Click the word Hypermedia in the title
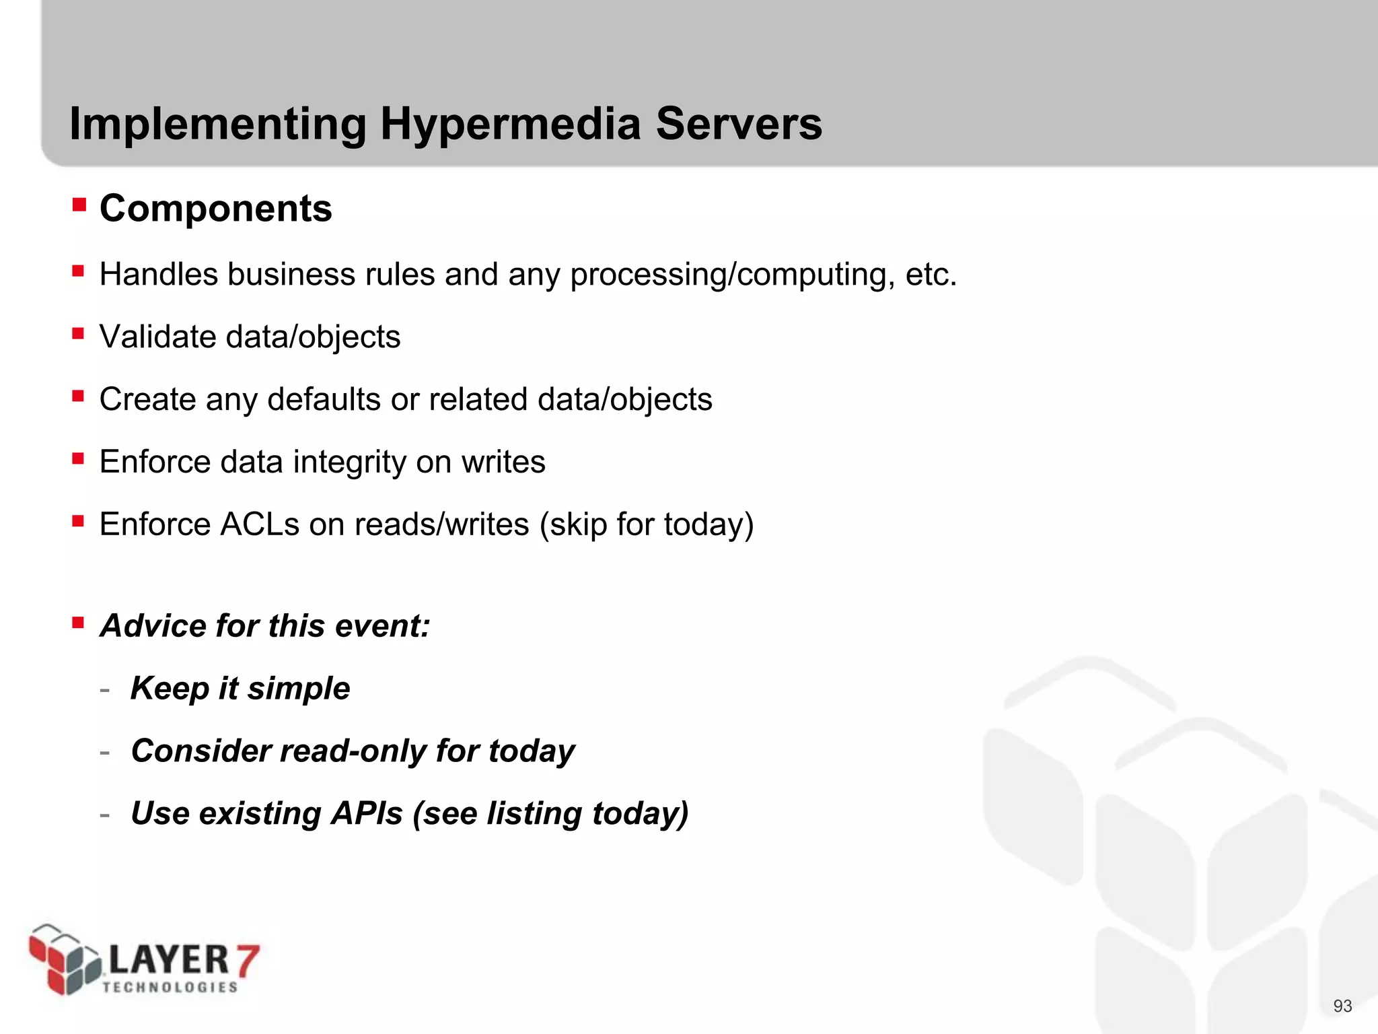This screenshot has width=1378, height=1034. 510,125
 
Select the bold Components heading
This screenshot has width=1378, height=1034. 215,208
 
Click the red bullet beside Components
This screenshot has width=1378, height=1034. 79,204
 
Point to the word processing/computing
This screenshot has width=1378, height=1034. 732,275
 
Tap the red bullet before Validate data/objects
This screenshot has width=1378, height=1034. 79,333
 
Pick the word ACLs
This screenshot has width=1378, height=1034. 259,524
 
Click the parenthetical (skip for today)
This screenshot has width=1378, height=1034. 646,525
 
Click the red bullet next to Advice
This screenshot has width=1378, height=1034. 79,622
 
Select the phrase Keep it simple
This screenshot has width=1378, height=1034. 240,689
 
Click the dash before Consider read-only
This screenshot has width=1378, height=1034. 104,752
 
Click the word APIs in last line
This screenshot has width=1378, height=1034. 367,814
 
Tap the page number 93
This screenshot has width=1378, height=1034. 1342,1006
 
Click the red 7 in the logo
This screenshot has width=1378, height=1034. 246,960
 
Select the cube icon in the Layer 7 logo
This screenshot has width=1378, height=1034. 64,959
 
